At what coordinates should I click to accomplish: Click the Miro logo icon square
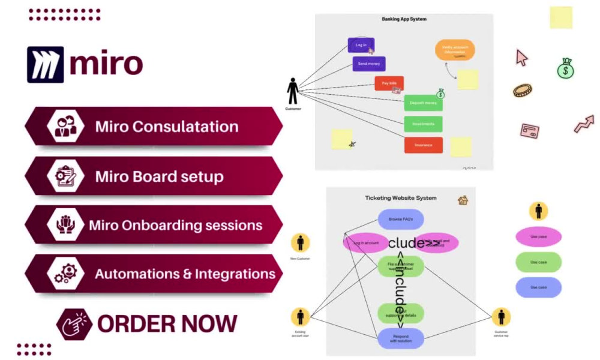(x=45, y=64)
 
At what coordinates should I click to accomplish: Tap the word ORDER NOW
(x=167, y=323)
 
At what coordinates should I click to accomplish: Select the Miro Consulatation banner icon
(x=65, y=127)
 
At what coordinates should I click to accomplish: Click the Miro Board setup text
(x=159, y=177)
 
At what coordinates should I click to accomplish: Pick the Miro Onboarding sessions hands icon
(x=65, y=225)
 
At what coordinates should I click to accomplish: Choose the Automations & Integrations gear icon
(x=65, y=274)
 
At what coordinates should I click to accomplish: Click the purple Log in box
(x=361, y=46)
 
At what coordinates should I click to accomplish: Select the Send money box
(x=369, y=64)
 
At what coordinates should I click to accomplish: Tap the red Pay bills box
(x=389, y=83)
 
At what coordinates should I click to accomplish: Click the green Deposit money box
(x=423, y=103)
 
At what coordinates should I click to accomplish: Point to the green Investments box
(x=423, y=124)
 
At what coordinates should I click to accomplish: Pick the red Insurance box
(x=423, y=145)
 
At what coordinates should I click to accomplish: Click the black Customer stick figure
(x=293, y=91)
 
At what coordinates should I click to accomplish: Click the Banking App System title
(x=404, y=19)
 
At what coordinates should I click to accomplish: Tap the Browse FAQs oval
(x=401, y=220)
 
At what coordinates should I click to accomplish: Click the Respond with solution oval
(x=401, y=338)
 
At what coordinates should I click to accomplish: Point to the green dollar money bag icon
(x=565, y=68)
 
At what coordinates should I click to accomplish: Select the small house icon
(x=463, y=200)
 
